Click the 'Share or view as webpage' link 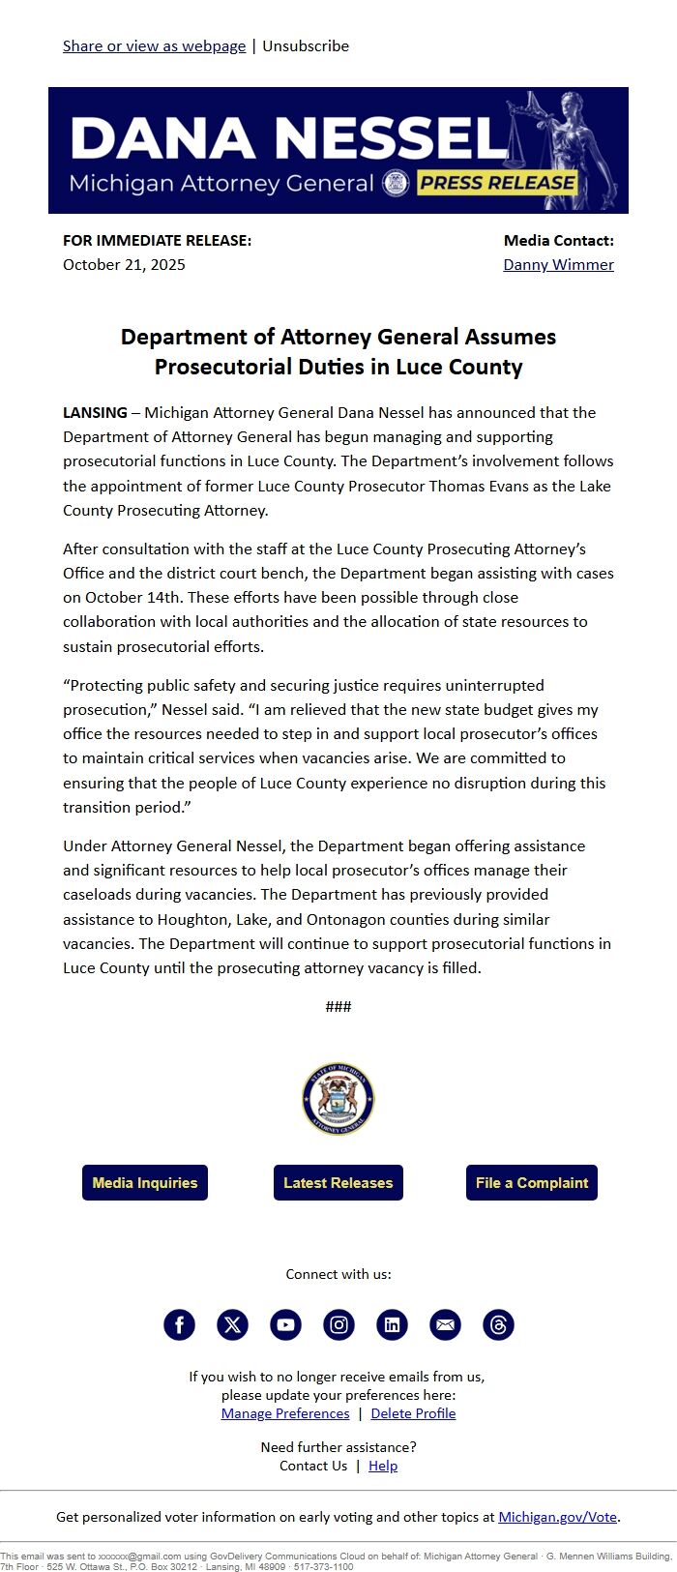click(154, 45)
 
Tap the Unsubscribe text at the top click(306, 45)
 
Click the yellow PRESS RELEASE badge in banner click(497, 182)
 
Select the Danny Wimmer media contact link click(558, 264)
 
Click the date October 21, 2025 click(124, 264)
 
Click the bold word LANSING click(95, 412)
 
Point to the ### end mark click(338, 1007)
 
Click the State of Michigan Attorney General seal click(338, 1099)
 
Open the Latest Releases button click(338, 1182)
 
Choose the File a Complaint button click(532, 1182)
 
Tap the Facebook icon click(179, 1324)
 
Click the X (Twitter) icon click(232, 1324)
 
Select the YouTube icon click(285, 1324)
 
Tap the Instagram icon click(338, 1324)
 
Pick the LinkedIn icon click(392, 1324)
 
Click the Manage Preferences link click(285, 1413)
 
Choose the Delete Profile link click(413, 1413)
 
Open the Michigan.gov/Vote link click(558, 1517)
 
